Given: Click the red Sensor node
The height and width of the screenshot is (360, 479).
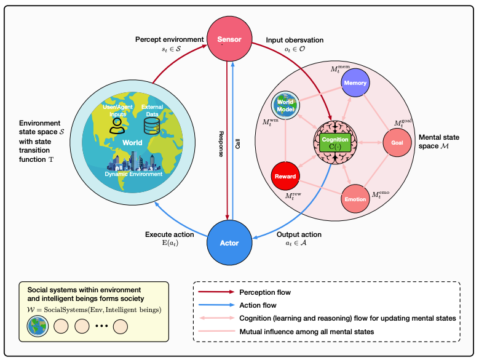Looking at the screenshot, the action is (229, 39).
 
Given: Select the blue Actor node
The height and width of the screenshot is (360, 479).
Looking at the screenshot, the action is (229, 242).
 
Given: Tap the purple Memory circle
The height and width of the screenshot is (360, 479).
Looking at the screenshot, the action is (355, 82).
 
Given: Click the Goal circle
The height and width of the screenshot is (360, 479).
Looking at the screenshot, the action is (397, 142).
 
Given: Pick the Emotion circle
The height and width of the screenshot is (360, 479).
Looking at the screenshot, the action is (355, 199).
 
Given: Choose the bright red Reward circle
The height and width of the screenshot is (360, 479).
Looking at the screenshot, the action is (285, 176).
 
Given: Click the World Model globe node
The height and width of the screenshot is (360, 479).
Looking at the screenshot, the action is (285, 105).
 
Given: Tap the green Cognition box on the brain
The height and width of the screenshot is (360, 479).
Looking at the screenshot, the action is (335, 143).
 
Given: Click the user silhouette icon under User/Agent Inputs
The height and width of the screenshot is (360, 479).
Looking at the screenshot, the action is (117, 126).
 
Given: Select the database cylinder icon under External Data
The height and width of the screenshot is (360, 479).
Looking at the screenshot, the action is (152, 126).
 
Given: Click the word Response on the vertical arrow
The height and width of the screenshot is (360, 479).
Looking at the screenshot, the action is (221, 144).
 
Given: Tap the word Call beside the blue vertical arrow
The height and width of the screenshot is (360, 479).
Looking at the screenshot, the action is (238, 144).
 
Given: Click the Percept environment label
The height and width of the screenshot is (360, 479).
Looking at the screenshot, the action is (169, 39).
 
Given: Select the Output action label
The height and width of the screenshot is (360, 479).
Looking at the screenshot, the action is (299, 234).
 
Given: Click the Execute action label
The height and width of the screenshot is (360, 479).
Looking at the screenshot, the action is (170, 234).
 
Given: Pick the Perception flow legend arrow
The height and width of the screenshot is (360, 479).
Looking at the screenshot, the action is (216, 292).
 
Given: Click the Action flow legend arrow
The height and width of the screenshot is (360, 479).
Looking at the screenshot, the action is (216, 305).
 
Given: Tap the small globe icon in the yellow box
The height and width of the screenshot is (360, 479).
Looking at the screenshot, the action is (38, 326).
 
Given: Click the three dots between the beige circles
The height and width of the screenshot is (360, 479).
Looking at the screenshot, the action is (101, 326).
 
